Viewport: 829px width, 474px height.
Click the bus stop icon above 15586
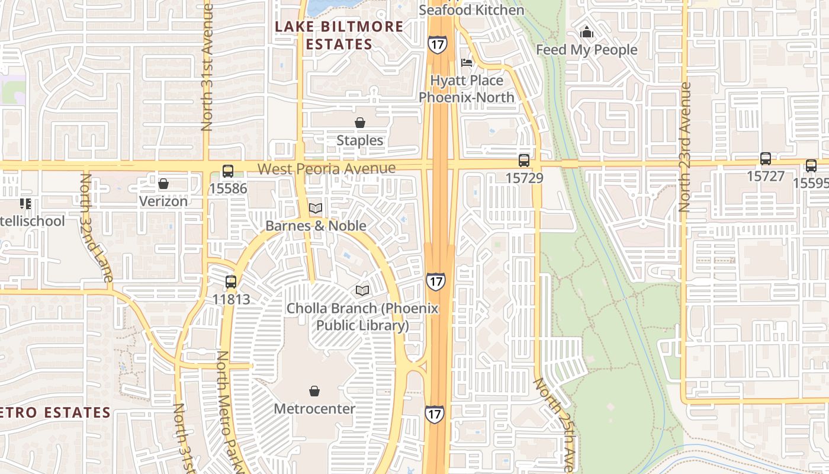point(228,171)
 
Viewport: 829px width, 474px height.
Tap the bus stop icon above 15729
point(524,160)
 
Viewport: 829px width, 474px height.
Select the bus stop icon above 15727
point(766,159)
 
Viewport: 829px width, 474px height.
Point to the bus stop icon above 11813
point(231,282)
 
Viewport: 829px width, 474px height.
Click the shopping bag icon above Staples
point(360,123)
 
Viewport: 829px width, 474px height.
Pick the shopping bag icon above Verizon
point(163,184)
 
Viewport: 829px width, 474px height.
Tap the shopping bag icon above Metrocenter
point(314,391)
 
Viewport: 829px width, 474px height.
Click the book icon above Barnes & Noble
point(316,209)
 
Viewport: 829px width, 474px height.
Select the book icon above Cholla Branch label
point(362,290)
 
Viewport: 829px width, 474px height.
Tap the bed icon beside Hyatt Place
point(467,62)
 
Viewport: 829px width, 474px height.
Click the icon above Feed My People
point(587,32)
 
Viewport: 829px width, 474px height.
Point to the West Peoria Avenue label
point(327,169)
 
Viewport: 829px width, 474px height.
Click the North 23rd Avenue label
point(686,147)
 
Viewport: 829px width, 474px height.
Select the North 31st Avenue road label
point(207,67)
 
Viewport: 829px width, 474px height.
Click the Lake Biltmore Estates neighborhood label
point(339,35)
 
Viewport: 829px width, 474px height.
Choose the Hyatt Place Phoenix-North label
point(467,89)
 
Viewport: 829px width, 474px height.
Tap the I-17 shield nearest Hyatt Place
point(437,43)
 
